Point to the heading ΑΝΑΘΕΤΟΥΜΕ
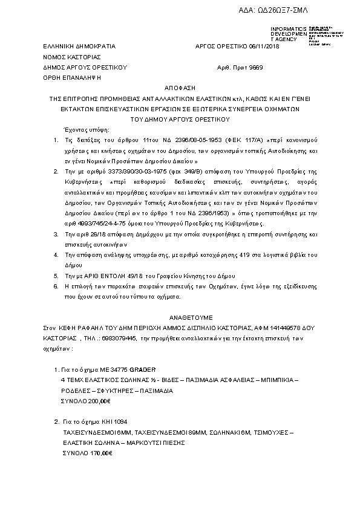pos(180,316)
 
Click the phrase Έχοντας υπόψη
pos(84,130)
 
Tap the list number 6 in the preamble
pos(55,284)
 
